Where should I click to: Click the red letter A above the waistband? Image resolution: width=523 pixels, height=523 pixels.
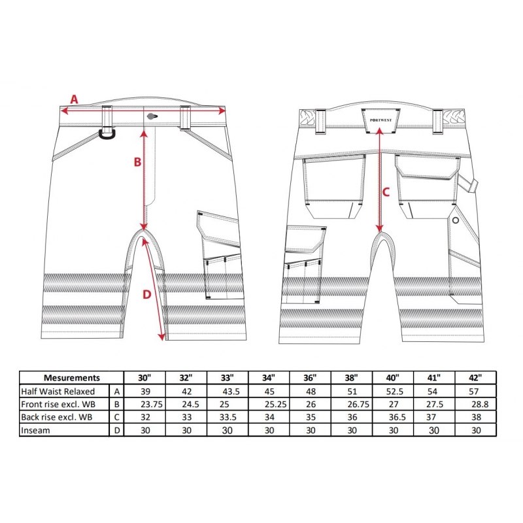[x=74, y=99]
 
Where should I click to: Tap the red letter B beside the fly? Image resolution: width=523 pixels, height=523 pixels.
[x=137, y=162]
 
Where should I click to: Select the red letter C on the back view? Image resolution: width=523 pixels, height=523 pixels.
[x=386, y=192]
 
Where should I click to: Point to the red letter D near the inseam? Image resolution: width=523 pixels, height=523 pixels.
[x=147, y=294]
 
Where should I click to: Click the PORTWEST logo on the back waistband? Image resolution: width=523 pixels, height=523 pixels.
[x=380, y=120]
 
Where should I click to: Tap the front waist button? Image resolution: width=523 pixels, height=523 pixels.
[x=152, y=116]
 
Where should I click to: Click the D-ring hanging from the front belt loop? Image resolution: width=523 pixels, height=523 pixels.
[x=107, y=134]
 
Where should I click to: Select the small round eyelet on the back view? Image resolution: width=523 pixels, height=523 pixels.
[x=455, y=220]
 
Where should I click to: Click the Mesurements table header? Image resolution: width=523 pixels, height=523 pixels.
[x=72, y=378]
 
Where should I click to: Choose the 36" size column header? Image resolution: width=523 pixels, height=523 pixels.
[x=310, y=378]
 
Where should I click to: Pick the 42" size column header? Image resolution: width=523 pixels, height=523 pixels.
[x=475, y=378]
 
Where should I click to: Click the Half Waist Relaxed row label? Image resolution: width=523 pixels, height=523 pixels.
[x=58, y=391]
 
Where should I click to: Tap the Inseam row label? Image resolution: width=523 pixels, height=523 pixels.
[x=35, y=430]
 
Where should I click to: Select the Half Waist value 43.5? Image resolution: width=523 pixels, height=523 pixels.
[x=231, y=391]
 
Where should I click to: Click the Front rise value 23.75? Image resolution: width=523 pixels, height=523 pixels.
[x=152, y=404]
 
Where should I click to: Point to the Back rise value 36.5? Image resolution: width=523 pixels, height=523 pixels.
[x=397, y=417]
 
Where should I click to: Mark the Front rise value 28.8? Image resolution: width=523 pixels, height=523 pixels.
[x=480, y=404]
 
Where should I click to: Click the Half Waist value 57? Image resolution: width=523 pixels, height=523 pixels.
[x=473, y=391]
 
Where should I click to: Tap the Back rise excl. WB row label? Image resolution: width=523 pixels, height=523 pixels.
[x=57, y=417]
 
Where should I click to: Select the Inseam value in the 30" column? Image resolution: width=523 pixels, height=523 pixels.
[x=145, y=430]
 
